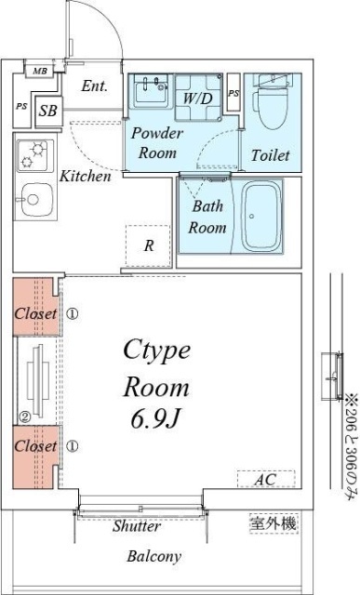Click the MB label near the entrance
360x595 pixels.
pyautogui.click(x=40, y=71)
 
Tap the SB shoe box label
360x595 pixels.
pyautogui.click(x=48, y=111)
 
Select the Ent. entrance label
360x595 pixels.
pyautogui.click(x=95, y=86)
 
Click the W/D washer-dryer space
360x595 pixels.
pyautogui.click(x=198, y=98)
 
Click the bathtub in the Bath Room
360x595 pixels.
pyautogui.click(x=262, y=216)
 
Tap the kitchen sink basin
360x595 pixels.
pyautogui.click(x=35, y=200)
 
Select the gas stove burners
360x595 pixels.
pyautogui.click(x=33, y=155)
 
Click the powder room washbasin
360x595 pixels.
pyautogui.click(x=151, y=90)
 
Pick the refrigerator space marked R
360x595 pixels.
pyautogui.click(x=149, y=245)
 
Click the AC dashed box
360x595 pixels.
pyautogui.click(x=266, y=480)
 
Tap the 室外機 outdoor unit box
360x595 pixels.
pyautogui.click(x=273, y=524)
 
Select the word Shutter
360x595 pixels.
pyautogui.click(x=137, y=526)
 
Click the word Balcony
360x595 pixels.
pyautogui.click(x=153, y=556)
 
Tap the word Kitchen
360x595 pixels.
pyautogui.click(x=86, y=176)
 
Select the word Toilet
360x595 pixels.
pyautogui.click(x=271, y=155)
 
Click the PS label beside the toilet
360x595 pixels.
pyautogui.click(x=233, y=93)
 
